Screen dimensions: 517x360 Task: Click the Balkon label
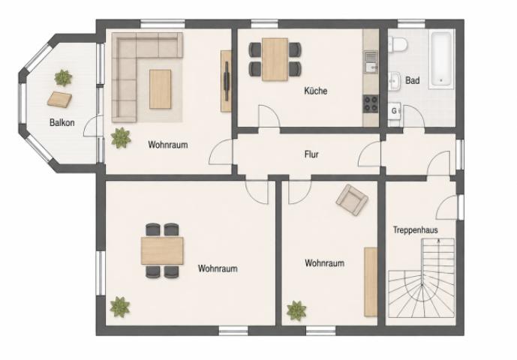pos(62,123)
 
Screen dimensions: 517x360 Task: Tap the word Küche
pos(316,91)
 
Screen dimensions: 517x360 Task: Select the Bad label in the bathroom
pos(413,80)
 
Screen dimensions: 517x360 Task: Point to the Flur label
pos(311,154)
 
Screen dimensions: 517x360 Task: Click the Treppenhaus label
pos(416,229)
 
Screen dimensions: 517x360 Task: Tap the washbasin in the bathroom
pos(395,80)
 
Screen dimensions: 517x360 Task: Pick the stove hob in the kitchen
pos(371,103)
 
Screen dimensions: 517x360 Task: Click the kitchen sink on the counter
pos(371,61)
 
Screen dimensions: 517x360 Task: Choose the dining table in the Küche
pos(275,59)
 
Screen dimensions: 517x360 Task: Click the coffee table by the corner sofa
pos(161,89)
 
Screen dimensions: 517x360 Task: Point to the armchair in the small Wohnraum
pos(352,199)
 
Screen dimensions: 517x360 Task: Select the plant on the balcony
pos(63,78)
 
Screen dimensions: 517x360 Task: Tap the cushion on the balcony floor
pos(60,99)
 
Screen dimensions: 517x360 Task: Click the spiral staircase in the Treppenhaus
pos(422,277)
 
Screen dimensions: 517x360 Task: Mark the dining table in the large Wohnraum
pos(162,250)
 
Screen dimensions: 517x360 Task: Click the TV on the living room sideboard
pos(227,81)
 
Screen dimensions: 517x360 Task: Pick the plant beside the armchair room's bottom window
pos(296,310)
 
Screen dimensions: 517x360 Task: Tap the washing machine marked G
pos(395,112)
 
